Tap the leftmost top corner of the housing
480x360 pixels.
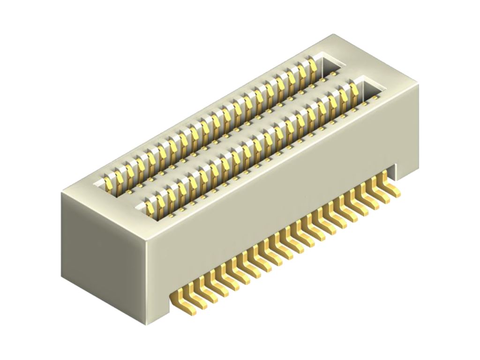coord(61,194)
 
